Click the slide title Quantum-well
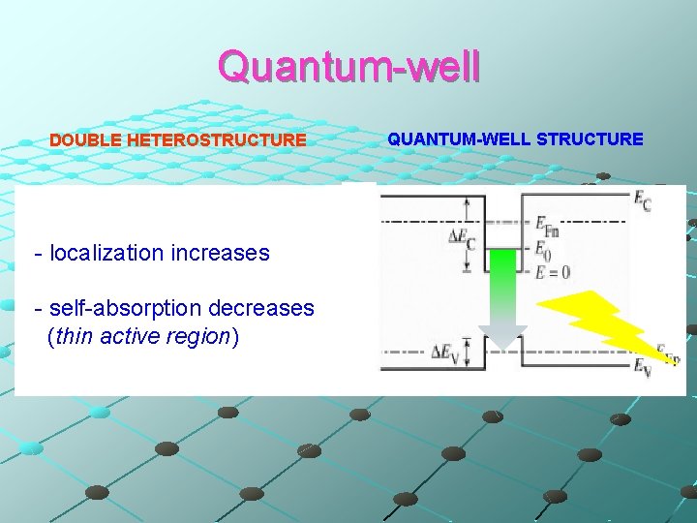[x=348, y=67]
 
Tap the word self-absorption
[x=125, y=308]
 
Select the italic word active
[x=123, y=337]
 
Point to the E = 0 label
[x=553, y=272]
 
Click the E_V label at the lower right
[x=643, y=367]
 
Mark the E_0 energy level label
[x=544, y=249]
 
